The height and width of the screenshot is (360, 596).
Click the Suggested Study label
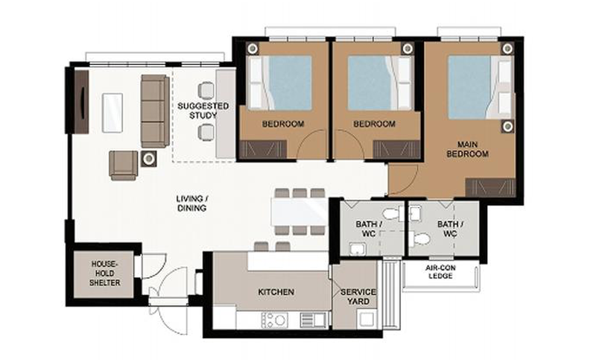click(203, 110)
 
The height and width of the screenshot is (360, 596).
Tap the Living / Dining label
click(192, 203)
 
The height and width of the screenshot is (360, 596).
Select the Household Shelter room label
click(104, 274)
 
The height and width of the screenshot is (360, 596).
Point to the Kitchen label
click(276, 292)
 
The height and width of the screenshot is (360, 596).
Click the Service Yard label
click(358, 297)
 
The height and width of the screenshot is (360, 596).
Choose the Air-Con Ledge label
click(440, 272)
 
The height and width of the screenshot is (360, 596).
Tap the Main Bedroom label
click(468, 149)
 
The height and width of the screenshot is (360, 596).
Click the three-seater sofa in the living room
click(155, 110)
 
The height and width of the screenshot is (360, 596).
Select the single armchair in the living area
click(124, 165)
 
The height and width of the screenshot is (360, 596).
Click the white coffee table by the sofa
click(112, 113)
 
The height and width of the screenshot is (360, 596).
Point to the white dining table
click(299, 212)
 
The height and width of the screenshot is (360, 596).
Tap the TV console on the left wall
click(81, 101)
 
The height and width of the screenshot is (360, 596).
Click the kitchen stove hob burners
click(275, 320)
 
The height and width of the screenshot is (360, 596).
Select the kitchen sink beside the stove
click(313, 320)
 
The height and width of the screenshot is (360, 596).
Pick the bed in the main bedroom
click(480, 87)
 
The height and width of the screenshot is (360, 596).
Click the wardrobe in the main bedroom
click(490, 187)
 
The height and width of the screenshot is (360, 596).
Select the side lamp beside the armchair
click(148, 159)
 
